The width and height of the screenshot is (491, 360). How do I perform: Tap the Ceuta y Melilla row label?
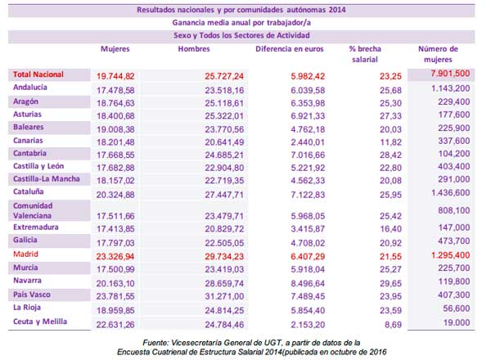[x=40, y=322]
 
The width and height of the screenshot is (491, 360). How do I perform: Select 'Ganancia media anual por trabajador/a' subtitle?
[x=246, y=23]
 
